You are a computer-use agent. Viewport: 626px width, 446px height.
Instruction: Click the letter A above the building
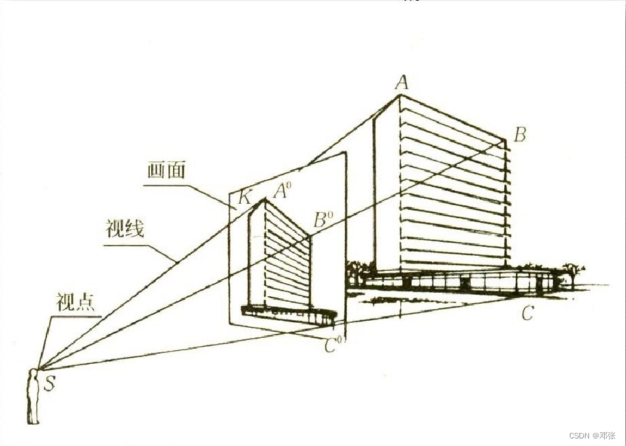tap(402, 83)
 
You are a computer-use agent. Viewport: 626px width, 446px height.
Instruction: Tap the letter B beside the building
tap(519, 135)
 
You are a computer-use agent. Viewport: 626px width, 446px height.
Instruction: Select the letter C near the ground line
tap(527, 314)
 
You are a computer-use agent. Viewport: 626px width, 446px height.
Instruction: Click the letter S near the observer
tap(50, 382)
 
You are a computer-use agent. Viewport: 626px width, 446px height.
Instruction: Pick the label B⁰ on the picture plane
tap(322, 220)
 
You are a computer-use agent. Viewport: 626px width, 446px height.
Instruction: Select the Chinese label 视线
tap(125, 228)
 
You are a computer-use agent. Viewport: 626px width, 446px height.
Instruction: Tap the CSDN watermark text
tap(592, 436)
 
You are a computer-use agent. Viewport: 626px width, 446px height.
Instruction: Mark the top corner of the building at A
tap(400, 96)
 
